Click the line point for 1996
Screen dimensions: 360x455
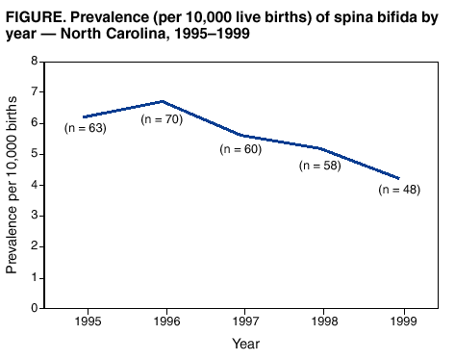[164, 101]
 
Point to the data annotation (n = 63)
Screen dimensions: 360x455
[85, 127]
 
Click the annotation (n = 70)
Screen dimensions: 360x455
[162, 119]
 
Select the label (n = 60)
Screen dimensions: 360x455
[241, 149]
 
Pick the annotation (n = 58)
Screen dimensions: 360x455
[321, 166]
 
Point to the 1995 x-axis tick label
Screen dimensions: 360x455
[88, 321]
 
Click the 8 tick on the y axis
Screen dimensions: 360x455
[35, 61]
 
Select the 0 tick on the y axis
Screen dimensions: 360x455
[35, 308]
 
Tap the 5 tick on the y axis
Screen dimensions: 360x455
[35, 153]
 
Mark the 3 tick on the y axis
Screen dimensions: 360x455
[35, 216]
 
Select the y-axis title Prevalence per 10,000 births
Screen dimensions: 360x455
[13, 185]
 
